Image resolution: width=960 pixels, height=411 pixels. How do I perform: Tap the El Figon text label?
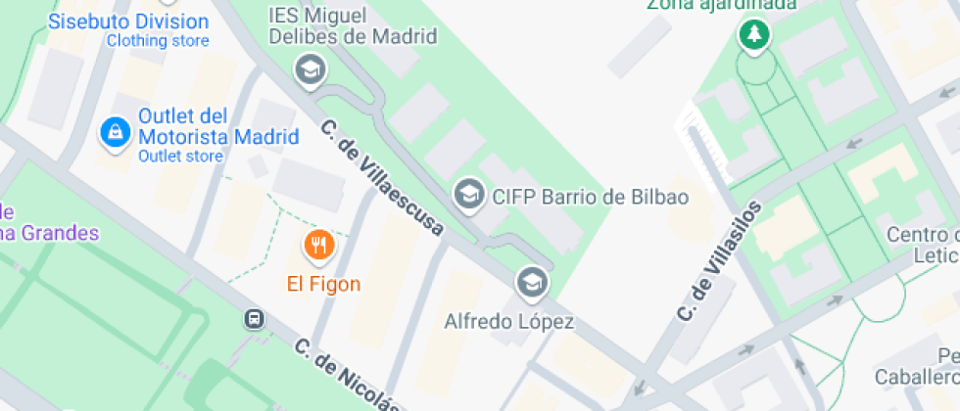[x=323, y=285]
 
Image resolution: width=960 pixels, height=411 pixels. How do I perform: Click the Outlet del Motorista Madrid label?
[x=218, y=126]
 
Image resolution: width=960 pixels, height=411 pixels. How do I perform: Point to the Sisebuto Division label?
[x=128, y=22]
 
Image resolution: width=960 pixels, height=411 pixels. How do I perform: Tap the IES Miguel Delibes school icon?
[x=311, y=68]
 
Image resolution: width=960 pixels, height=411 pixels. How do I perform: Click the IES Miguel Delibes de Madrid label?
[x=352, y=26]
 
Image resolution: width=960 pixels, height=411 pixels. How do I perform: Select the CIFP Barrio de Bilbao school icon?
[x=469, y=195]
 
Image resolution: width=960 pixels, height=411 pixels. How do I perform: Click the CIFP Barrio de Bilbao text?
[x=590, y=197]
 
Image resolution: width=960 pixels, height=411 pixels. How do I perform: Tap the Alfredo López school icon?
[x=532, y=282]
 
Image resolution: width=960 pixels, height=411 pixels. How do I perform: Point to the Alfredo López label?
[x=509, y=321]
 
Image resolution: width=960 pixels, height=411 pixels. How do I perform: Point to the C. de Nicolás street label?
[x=349, y=377]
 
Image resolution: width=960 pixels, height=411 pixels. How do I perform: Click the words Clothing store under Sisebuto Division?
[x=158, y=41]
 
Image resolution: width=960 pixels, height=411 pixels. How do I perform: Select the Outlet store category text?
[x=181, y=156]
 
